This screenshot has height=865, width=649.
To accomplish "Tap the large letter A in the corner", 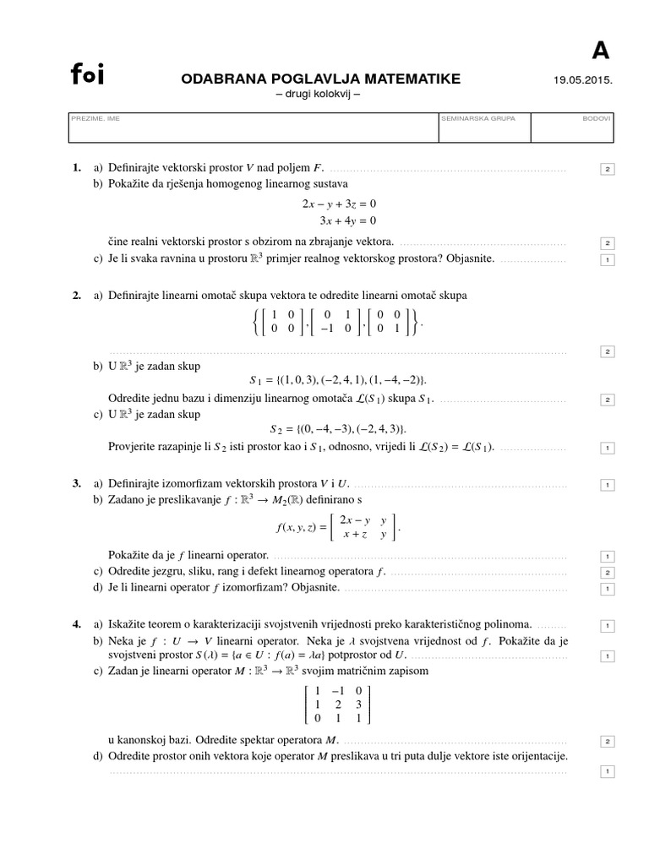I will click(599, 51).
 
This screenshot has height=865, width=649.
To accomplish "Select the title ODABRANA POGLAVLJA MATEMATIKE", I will click(321, 79).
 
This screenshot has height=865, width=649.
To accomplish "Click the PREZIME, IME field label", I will click(95, 119).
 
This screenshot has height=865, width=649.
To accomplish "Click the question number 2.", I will click(77, 295).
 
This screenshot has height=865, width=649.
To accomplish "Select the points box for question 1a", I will click(607, 170).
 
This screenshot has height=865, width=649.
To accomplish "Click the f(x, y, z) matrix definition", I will click(336, 529).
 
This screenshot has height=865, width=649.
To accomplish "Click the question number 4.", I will click(77, 624).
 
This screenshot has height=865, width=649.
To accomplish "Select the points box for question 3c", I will click(607, 573).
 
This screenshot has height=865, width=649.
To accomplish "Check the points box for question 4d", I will click(607, 771).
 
